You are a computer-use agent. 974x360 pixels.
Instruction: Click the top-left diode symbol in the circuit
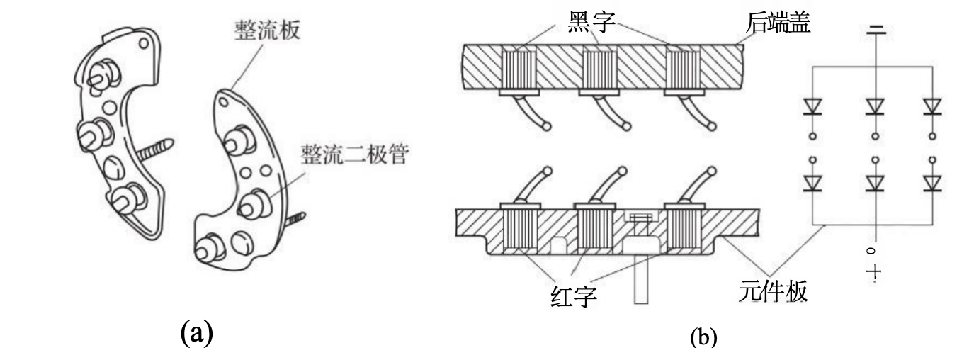812,106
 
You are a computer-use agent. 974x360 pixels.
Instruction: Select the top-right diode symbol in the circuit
933,106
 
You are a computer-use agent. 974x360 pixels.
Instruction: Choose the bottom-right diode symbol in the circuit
933,183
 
